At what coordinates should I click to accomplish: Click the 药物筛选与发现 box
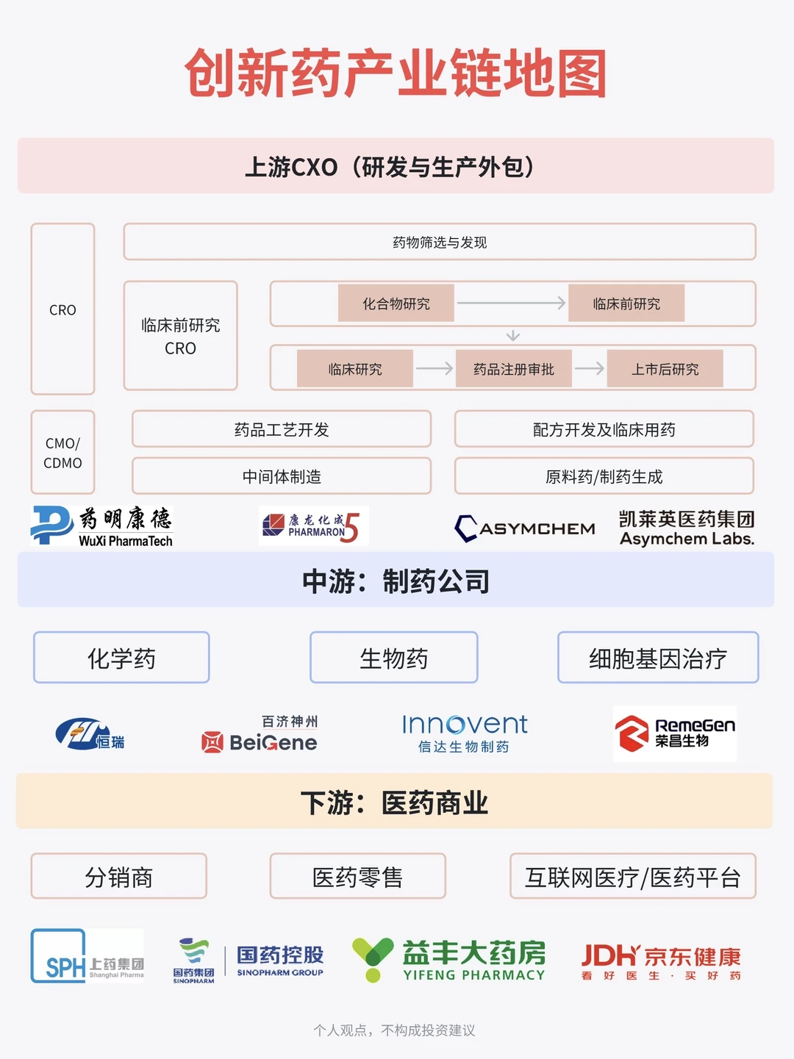(x=439, y=242)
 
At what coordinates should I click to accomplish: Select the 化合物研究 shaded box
(x=396, y=303)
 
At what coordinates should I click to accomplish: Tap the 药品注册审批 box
(x=513, y=368)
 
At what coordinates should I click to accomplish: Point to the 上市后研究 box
(x=665, y=368)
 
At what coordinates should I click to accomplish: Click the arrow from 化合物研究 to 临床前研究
(x=511, y=303)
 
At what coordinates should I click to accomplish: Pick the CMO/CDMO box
(x=62, y=453)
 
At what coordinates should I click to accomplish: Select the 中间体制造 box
(x=282, y=476)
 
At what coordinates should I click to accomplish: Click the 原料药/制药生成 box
(x=604, y=476)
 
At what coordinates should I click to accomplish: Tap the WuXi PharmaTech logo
(x=102, y=526)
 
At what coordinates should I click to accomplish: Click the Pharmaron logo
(x=313, y=526)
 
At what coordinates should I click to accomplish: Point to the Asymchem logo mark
(x=466, y=528)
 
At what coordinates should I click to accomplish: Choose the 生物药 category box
(x=393, y=658)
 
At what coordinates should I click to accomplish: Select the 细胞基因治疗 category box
(x=657, y=658)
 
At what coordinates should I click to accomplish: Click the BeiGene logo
(x=260, y=734)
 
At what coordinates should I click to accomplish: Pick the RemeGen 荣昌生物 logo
(x=674, y=733)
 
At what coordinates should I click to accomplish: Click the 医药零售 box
(x=357, y=876)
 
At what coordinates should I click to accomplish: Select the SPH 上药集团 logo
(x=87, y=955)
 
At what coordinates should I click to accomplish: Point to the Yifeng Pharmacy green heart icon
(x=373, y=958)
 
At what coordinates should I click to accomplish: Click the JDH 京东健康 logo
(x=660, y=961)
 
